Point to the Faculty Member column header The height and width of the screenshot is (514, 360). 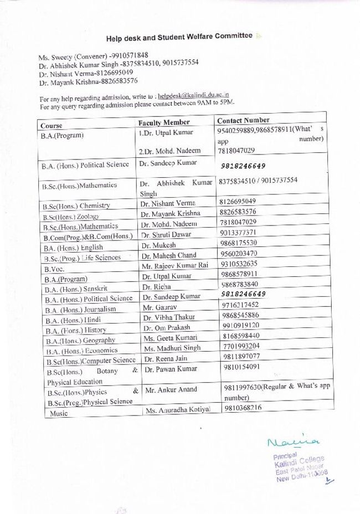click(x=164, y=122)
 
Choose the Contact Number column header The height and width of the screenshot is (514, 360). click(x=244, y=120)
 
